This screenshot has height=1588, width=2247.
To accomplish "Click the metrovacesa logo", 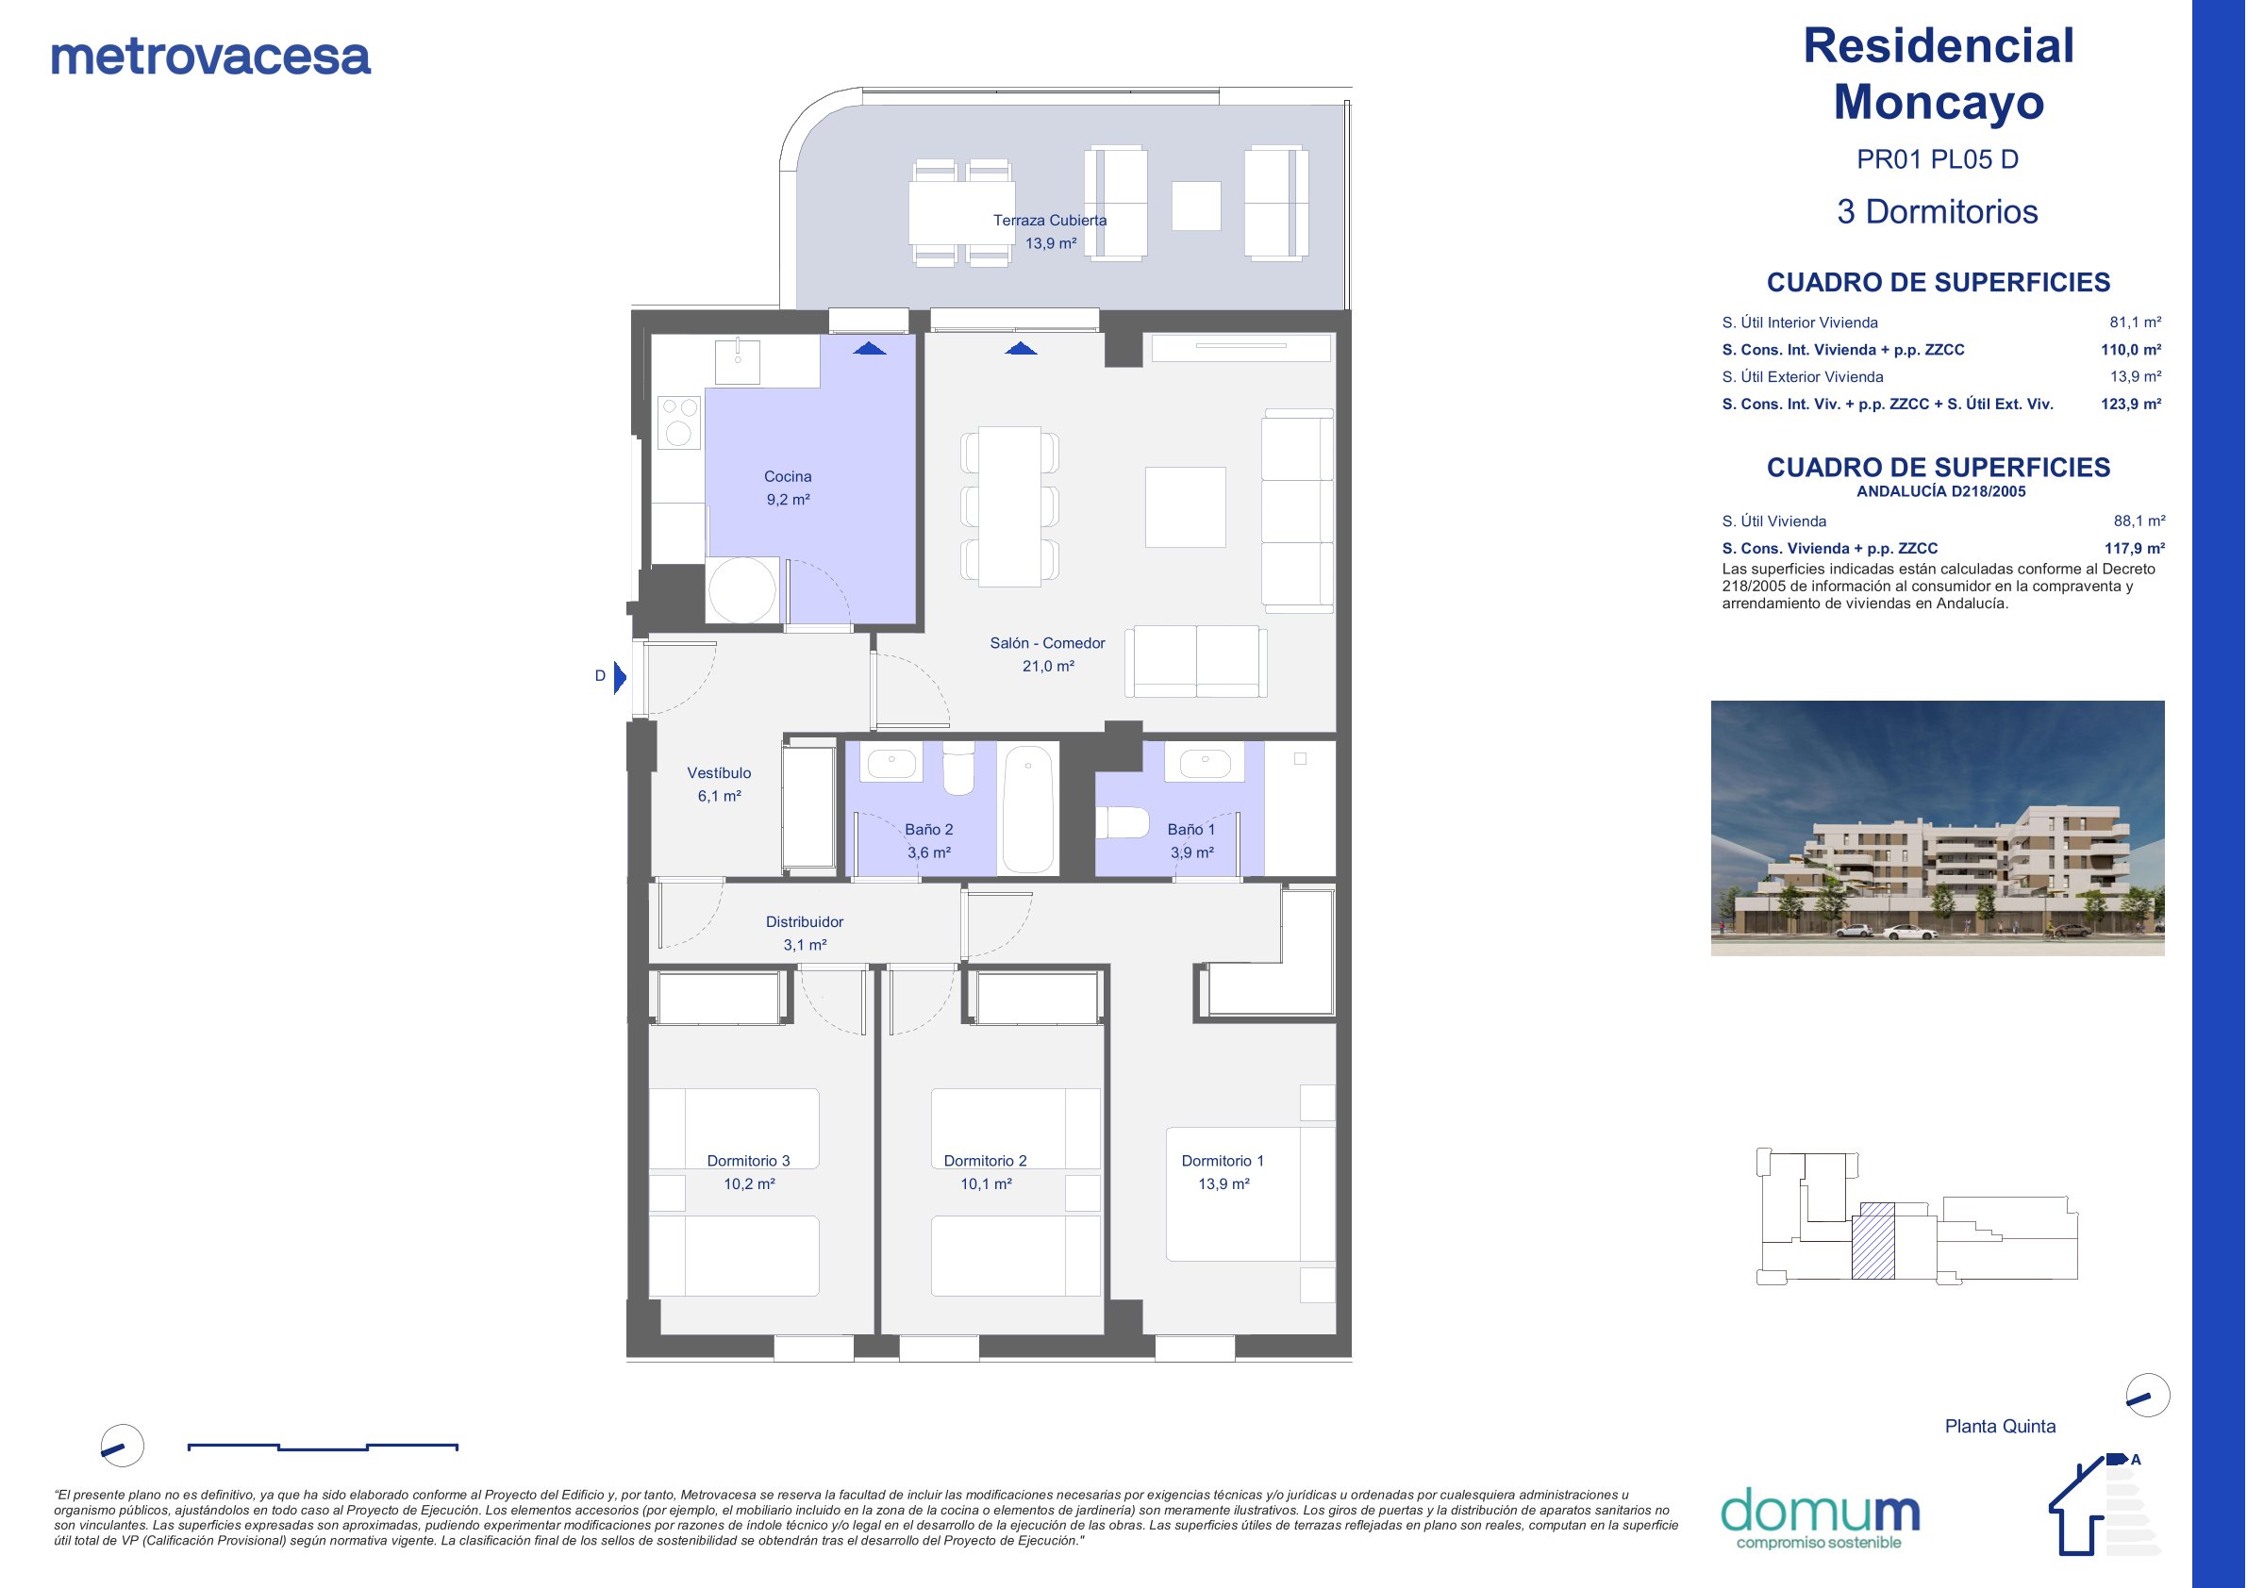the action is point(210,57).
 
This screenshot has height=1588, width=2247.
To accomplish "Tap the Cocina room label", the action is point(788,476).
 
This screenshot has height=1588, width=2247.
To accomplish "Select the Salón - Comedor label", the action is point(1047,643).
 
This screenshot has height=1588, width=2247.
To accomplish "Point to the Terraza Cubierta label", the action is point(1050,220).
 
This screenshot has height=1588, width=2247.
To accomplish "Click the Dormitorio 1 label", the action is point(1223,1161).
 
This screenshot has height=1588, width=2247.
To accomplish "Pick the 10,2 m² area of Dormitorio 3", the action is point(750,1183).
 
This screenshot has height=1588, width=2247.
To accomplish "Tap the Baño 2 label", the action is point(929,829).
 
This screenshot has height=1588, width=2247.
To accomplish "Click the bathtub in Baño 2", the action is point(1027,809).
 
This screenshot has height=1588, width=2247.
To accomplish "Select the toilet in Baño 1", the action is point(1122,822).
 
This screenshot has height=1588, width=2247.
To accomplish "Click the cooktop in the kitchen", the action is point(679,422).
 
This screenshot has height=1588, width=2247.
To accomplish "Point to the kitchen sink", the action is point(738,361).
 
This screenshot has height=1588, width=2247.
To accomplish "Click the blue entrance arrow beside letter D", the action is point(620,677).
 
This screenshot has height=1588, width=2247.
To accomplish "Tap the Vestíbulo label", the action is point(720,773).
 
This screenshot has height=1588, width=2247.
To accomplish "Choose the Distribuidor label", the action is point(805,921).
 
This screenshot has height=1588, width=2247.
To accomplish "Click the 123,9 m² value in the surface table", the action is point(2131,405).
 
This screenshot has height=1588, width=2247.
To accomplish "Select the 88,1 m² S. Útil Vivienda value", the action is point(2139,521).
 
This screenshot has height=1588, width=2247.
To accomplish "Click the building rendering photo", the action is point(1937,828).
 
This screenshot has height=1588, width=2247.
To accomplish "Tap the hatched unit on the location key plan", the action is point(1873,1240).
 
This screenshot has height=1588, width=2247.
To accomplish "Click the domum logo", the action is point(1820,1517).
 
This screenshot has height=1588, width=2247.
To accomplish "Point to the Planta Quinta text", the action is point(2000,1427).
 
